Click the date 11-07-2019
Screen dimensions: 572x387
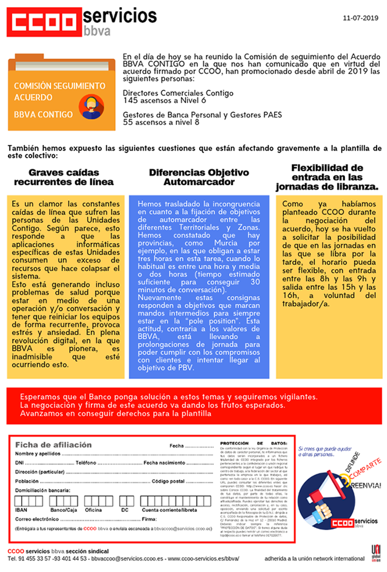[360, 18]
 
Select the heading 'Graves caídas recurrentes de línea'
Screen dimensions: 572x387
[64, 177]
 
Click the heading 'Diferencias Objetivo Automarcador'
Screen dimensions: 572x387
[199, 177]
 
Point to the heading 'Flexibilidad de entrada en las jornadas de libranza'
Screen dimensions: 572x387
[327, 177]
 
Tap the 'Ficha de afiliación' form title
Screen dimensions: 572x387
[53, 445]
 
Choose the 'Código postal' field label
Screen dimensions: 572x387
[169, 481]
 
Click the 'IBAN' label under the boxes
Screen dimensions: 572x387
[21, 510]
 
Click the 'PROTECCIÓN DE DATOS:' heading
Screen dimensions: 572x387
[253, 443]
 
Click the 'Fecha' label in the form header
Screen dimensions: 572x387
[176, 446]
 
